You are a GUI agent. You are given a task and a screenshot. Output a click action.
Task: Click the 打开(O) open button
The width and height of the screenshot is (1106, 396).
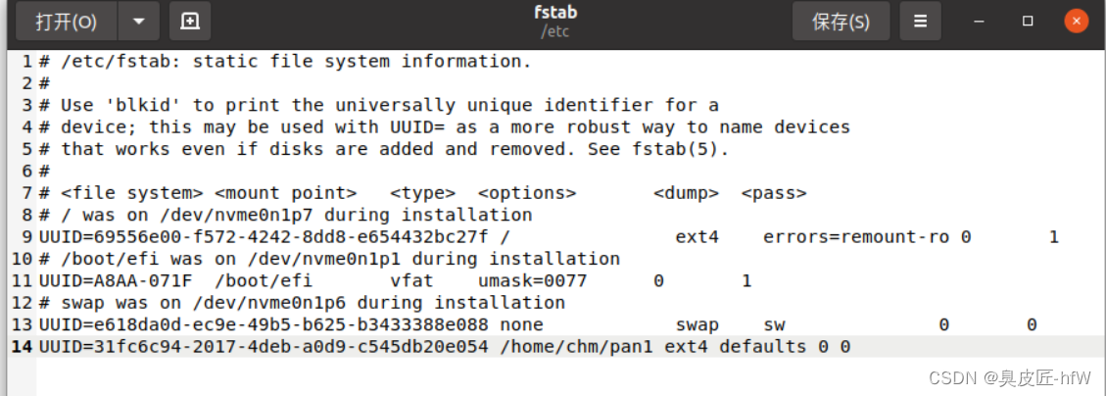tap(66, 21)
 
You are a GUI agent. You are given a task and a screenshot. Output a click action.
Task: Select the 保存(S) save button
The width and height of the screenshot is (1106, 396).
tap(841, 22)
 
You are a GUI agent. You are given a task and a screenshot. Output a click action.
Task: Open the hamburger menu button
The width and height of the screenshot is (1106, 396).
tap(920, 21)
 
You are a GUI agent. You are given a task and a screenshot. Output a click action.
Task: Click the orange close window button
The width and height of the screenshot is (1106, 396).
tap(1077, 21)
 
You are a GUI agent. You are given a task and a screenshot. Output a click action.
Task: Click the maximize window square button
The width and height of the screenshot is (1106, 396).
tap(1028, 21)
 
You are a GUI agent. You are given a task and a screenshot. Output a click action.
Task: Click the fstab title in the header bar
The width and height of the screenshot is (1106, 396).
tap(555, 13)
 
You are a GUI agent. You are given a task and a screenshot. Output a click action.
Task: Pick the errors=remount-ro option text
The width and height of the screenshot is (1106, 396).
tap(855, 237)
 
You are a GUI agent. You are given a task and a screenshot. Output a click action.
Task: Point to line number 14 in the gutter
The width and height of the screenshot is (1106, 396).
tap(21, 347)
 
